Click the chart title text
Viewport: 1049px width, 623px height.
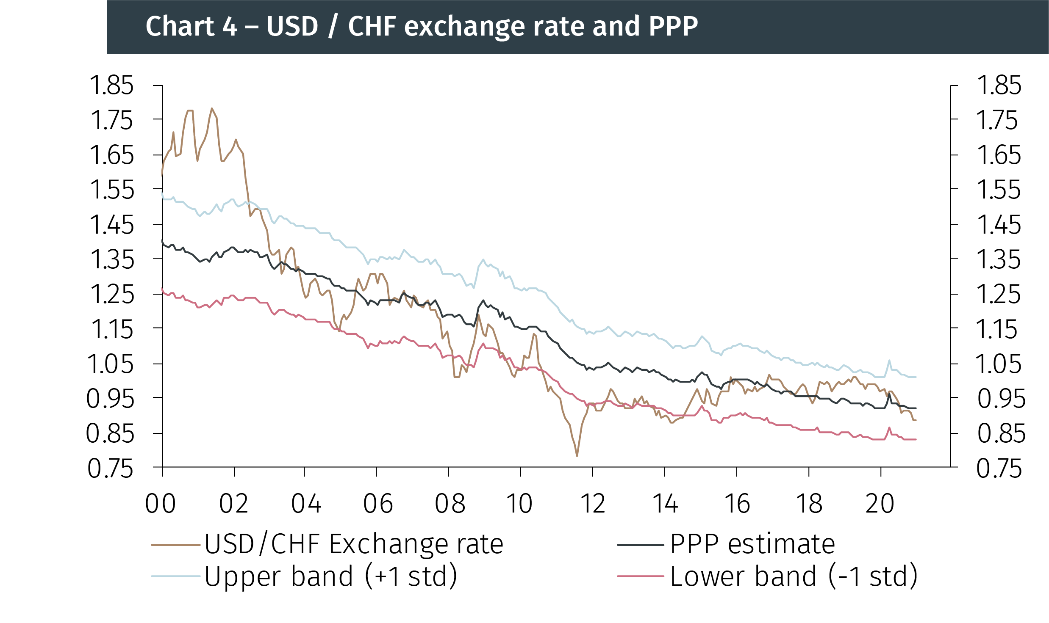coord(422,26)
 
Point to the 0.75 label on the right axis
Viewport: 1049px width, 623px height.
coord(999,469)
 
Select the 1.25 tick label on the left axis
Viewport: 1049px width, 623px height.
coord(111,294)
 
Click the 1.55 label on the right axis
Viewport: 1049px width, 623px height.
coord(999,190)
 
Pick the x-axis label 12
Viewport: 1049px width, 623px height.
coord(592,504)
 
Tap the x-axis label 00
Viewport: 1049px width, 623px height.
coord(161,504)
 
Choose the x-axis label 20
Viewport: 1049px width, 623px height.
coord(880,504)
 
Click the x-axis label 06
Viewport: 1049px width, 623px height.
coord(378,504)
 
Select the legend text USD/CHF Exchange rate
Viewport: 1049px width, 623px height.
coord(354,544)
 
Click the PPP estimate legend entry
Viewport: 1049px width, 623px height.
coord(752,544)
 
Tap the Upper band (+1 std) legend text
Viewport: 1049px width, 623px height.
coord(330,576)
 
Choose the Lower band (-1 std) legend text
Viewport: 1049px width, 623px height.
coord(794,576)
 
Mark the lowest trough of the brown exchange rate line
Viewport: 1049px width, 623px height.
coord(577,455)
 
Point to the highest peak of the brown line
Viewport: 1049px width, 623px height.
coord(212,109)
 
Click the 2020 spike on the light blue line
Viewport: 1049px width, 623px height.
coord(889,361)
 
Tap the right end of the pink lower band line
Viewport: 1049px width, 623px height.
coord(915,439)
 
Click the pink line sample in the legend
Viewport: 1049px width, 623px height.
coord(640,576)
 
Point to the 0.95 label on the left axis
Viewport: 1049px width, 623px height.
coord(110,399)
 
